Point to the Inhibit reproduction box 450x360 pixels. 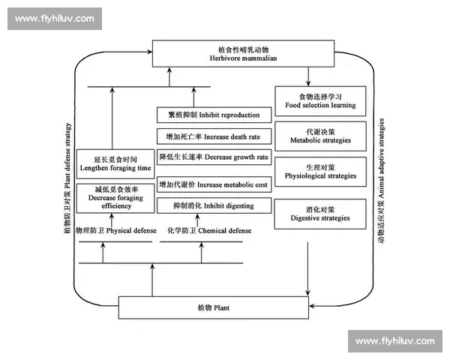214,115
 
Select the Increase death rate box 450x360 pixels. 214,136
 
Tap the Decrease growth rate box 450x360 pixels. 214,157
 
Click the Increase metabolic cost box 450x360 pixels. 214,184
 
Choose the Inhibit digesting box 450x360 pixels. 214,205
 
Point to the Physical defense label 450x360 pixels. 109,231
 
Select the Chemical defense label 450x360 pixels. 206,231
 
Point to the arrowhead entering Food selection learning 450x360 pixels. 308,83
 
